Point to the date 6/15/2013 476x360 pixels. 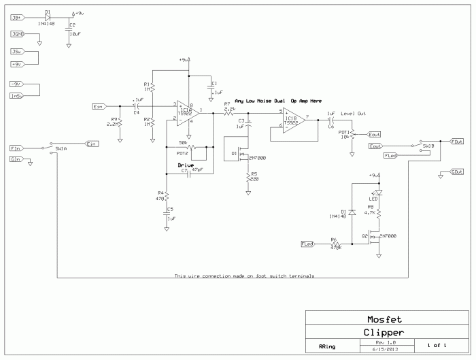point(386,350)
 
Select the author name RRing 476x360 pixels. point(327,346)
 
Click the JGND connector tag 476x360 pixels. point(18,34)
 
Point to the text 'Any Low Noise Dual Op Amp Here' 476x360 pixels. point(278,100)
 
